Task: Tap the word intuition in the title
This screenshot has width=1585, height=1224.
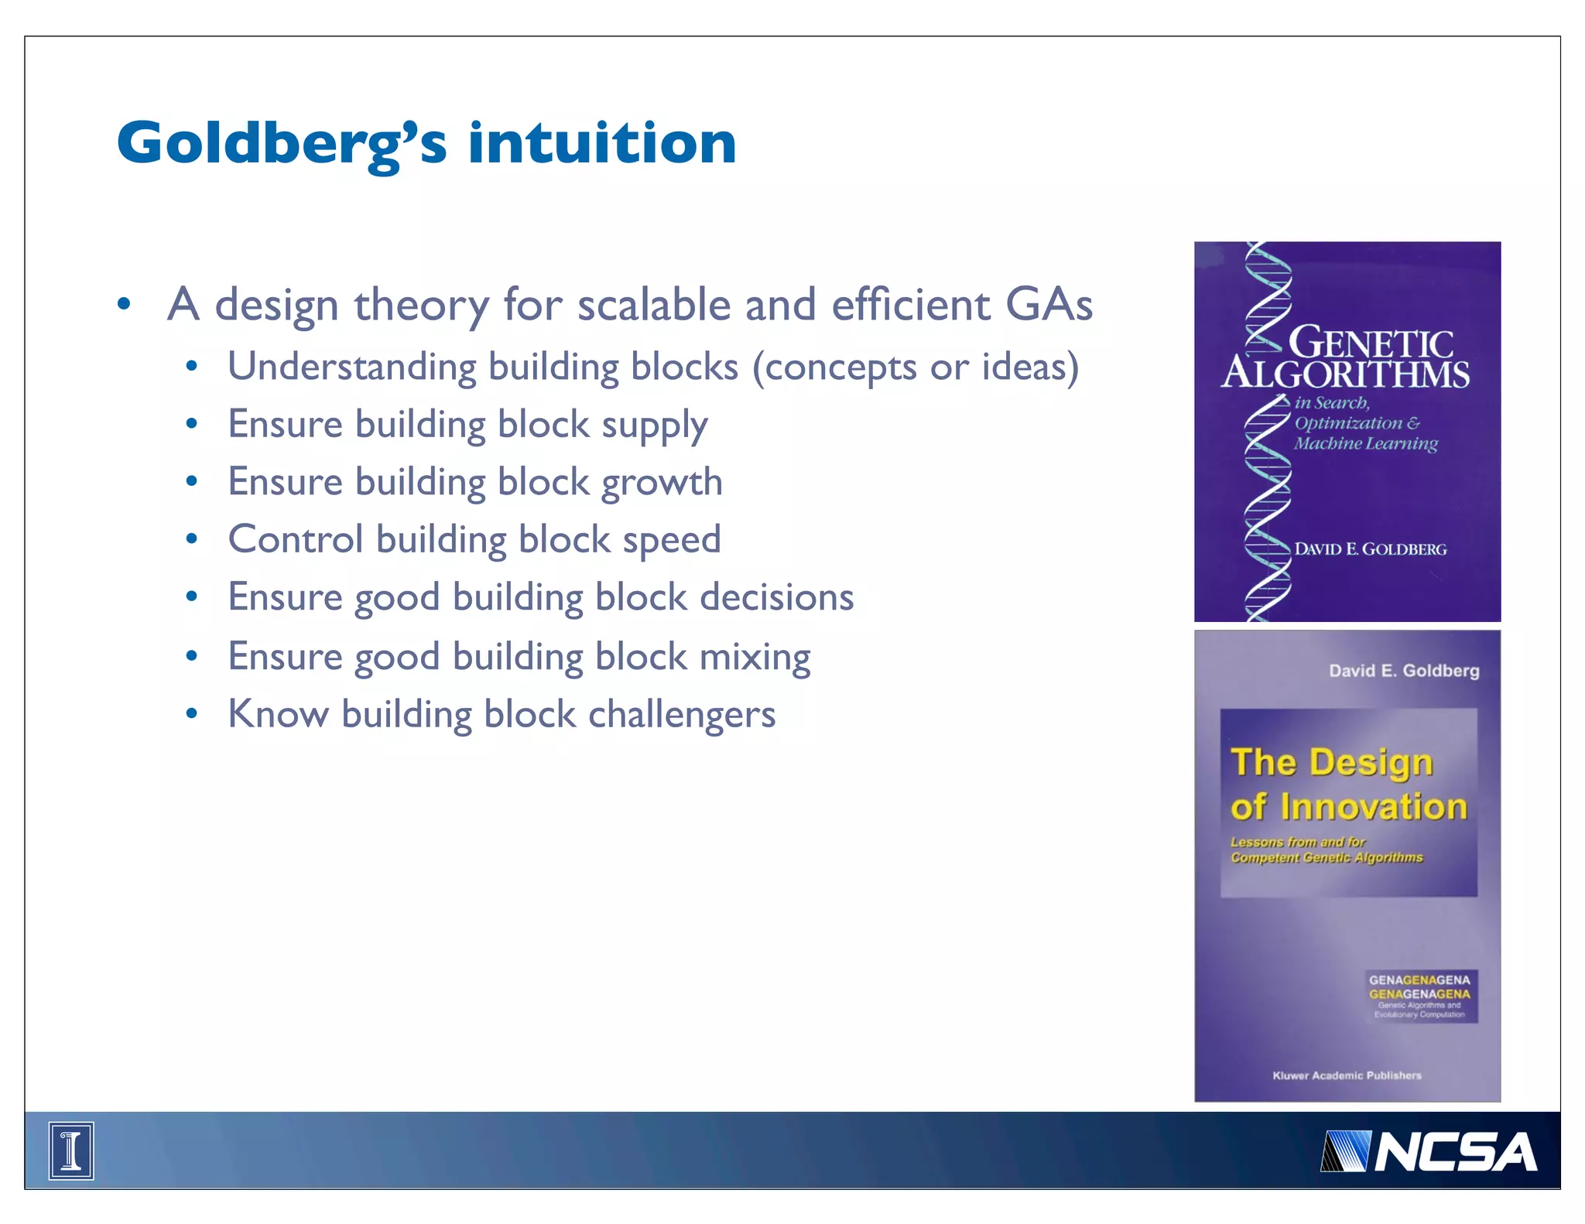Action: pos(601,144)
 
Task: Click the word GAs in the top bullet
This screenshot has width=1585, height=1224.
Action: pos(1049,304)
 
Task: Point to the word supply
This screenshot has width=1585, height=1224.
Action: pos(654,426)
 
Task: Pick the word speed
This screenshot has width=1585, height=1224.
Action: pos(671,540)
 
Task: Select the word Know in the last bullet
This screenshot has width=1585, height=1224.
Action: pos(278,714)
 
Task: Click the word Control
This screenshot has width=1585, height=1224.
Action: pos(295,540)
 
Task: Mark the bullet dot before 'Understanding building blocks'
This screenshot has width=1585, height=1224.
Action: pos(192,366)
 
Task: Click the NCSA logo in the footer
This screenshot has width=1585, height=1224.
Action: pos(1429,1152)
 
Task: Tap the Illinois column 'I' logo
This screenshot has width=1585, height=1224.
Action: pos(71,1150)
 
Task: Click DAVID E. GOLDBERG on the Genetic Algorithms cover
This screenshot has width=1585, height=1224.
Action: pos(1370,549)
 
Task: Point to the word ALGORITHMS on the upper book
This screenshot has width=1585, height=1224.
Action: pos(1345,374)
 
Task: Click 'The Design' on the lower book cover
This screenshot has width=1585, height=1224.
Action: pos(1331,762)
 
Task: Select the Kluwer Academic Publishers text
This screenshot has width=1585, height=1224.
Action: pos(1347,1075)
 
